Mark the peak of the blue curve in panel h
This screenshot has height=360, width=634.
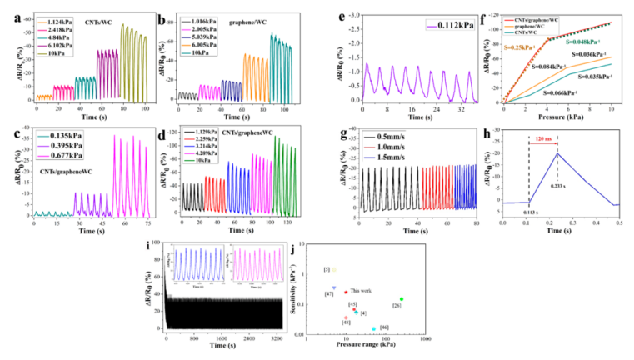tap(557, 153)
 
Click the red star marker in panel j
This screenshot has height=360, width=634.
tap(345, 292)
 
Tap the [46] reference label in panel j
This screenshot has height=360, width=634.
tap(384, 327)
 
